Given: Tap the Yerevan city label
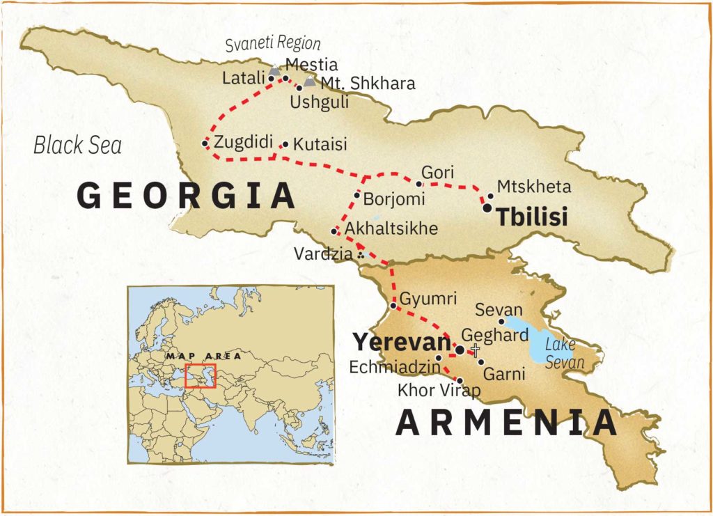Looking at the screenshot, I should pyautogui.click(x=401, y=343).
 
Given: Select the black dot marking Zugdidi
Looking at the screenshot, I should pyautogui.click(x=205, y=143).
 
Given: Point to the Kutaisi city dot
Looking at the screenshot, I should pyautogui.click(x=285, y=145).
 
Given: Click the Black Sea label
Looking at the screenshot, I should pyautogui.click(x=77, y=146).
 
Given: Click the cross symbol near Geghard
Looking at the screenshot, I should pyautogui.click(x=476, y=349).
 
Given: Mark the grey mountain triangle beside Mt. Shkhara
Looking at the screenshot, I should pyautogui.click(x=310, y=81).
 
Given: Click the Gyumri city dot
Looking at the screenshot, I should pyautogui.click(x=393, y=306).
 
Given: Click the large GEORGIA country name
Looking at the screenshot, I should pyautogui.click(x=187, y=196).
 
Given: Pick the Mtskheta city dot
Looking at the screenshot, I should pyautogui.click(x=490, y=196).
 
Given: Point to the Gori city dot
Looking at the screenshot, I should pyautogui.click(x=418, y=184).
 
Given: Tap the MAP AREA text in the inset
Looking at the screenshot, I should pyautogui.click(x=204, y=356).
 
